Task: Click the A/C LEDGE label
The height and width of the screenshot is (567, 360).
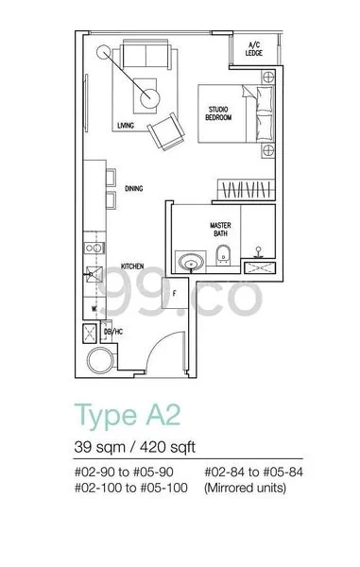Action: (x=255, y=49)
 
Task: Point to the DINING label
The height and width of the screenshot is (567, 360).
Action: (x=133, y=189)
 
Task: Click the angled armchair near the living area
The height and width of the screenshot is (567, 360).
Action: (x=168, y=129)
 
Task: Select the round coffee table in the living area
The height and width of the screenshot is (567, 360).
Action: (x=148, y=95)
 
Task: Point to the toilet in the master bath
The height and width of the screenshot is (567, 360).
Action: (x=223, y=253)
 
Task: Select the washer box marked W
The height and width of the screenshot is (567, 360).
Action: (x=94, y=308)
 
